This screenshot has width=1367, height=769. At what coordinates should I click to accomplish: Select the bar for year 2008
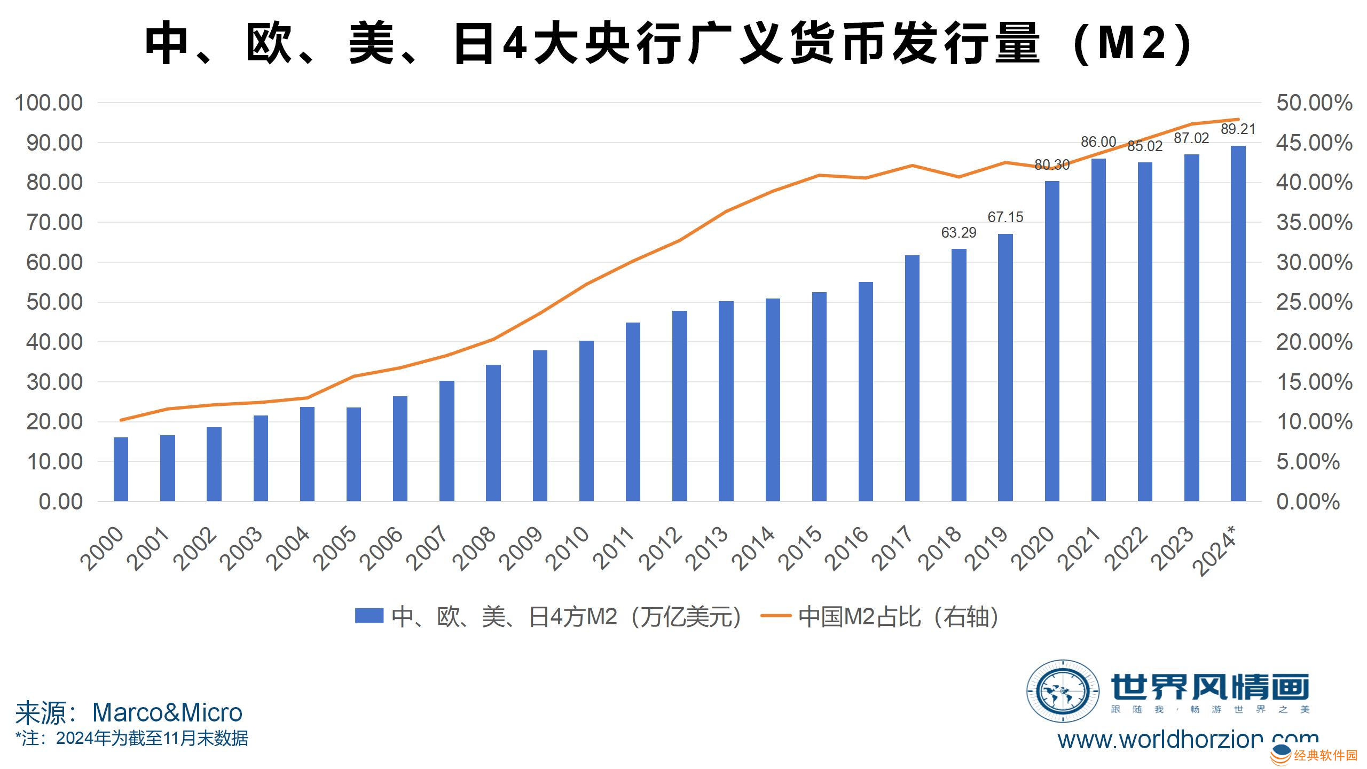point(493,433)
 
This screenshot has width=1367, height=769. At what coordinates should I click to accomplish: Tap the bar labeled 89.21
point(1238,323)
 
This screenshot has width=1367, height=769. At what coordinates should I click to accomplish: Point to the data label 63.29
point(959,233)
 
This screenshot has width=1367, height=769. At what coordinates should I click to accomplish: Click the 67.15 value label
point(1005,217)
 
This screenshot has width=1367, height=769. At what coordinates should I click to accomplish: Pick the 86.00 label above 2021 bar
point(1098,142)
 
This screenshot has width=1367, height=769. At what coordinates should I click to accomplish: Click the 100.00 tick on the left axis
point(49,103)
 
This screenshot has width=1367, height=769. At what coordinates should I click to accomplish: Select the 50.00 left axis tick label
point(54,302)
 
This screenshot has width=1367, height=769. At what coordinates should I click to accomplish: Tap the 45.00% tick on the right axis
point(1314,143)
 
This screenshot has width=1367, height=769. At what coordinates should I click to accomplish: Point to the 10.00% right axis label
point(1314,422)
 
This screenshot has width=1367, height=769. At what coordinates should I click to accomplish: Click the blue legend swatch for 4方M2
point(369,616)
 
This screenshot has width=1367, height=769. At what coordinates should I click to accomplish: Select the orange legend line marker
point(775,616)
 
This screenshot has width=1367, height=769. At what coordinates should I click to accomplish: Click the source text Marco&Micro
point(167,712)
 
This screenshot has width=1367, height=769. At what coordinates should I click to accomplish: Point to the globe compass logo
point(1063,691)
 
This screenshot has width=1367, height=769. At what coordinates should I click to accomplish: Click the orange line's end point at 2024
point(1238,120)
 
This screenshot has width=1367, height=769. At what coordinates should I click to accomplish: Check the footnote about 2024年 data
point(132,739)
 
